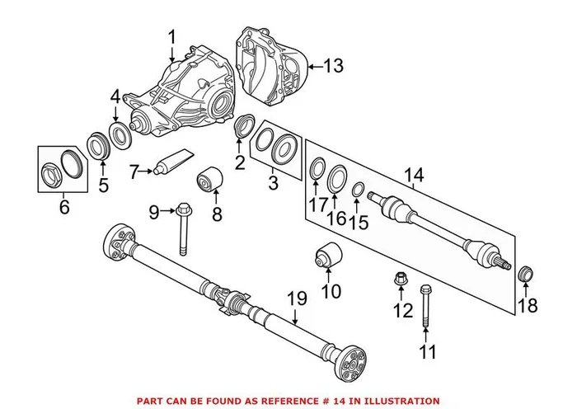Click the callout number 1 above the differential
tap(172, 37)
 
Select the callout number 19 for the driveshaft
tap(297, 298)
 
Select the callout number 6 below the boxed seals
tap(64, 207)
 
